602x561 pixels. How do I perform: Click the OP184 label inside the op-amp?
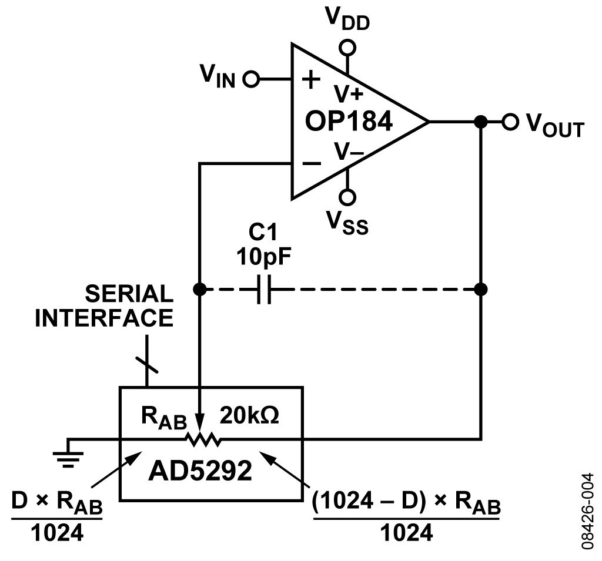click(348, 122)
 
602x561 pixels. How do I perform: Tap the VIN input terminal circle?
click(252, 79)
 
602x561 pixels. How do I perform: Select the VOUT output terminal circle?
click(510, 122)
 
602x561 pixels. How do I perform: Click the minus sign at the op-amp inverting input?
click(312, 164)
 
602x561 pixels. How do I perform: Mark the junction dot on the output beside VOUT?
click(481, 122)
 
